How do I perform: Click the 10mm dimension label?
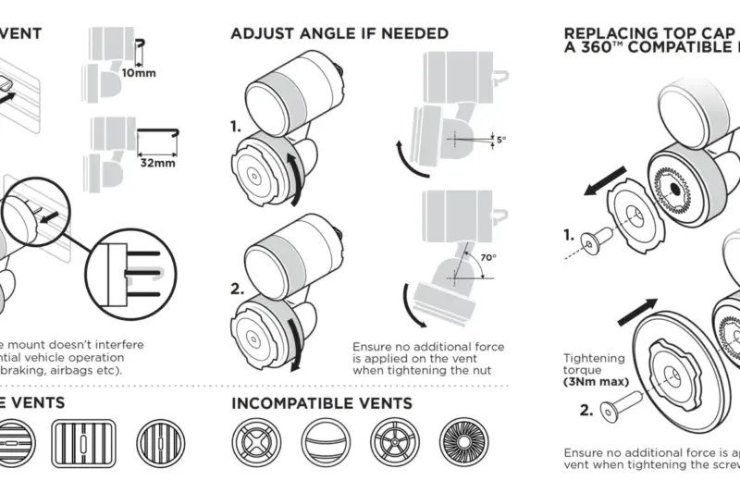(140, 72)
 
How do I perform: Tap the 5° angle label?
(500, 140)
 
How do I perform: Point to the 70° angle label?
(487, 258)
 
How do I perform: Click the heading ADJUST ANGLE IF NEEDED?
(339, 33)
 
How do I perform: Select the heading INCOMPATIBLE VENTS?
(320, 403)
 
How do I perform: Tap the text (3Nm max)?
(596, 381)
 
